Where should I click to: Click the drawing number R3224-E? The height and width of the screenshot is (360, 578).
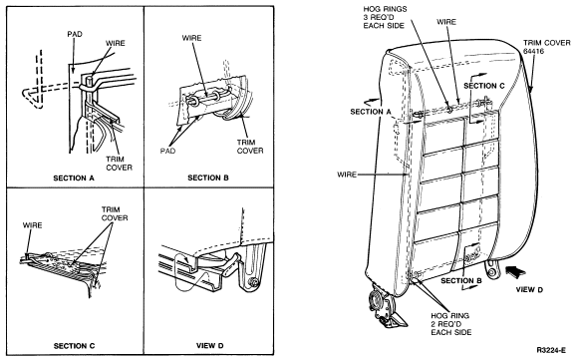click(x=551, y=350)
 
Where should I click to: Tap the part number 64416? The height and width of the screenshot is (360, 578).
click(x=533, y=51)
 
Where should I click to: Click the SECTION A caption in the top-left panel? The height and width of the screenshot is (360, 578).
click(x=74, y=179)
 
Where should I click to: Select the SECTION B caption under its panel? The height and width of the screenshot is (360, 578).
click(x=208, y=178)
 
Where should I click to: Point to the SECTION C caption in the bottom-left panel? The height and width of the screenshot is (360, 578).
click(x=74, y=346)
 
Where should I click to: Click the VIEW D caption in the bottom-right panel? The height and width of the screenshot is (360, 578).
click(x=209, y=346)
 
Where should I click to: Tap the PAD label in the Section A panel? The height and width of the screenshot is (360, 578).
click(x=75, y=34)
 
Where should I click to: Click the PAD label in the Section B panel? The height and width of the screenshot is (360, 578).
click(x=167, y=151)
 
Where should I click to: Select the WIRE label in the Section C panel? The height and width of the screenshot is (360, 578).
click(x=33, y=225)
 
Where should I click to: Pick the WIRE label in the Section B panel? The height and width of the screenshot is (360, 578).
click(x=191, y=38)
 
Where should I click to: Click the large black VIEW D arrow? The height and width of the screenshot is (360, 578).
click(x=515, y=272)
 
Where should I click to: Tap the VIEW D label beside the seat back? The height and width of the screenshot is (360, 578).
click(x=529, y=290)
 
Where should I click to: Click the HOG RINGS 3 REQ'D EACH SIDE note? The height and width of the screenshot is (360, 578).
click(x=385, y=17)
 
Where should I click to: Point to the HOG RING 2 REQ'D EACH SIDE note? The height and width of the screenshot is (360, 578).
click(x=451, y=324)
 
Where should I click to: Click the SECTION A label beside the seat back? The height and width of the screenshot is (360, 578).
click(x=371, y=112)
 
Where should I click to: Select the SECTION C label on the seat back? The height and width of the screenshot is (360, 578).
click(x=484, y=86)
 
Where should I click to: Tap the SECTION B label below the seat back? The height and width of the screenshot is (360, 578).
click(x=461, y=280)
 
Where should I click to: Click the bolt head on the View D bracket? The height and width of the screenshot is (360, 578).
click(x=252, y=282)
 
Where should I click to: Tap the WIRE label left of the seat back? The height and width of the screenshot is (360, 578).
click(x=347, y=175)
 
